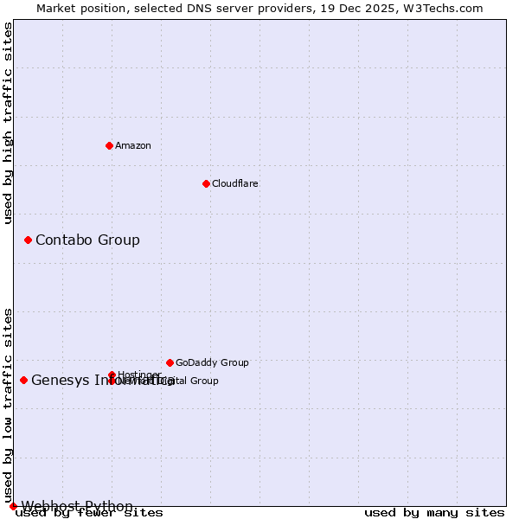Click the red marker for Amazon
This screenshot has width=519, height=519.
coord(109,145)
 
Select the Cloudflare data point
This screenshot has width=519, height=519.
coord(206,183)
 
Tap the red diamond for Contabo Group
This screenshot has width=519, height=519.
coord(28,240)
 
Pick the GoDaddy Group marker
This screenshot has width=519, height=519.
coord(170,362)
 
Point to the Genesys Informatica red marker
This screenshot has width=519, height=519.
coord(23,380)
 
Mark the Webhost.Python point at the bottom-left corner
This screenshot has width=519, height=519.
coord(13,506)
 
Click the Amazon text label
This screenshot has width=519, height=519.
coord(132,145)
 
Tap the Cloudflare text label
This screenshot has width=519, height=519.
coord(234,183)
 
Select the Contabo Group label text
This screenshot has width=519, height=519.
coord(87,240)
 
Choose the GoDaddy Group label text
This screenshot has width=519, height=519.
coord(212,362)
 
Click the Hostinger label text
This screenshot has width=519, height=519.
coord(138,375)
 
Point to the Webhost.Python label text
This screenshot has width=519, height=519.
coord(77,506)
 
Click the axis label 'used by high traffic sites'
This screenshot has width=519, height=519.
coord(9,123)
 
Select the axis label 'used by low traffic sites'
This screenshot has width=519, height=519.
coord(9,405)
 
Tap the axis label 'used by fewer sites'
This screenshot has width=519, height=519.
coord(89,513)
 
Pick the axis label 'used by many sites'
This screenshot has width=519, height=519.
coord(434,513)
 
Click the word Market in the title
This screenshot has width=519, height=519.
coord(57,9)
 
